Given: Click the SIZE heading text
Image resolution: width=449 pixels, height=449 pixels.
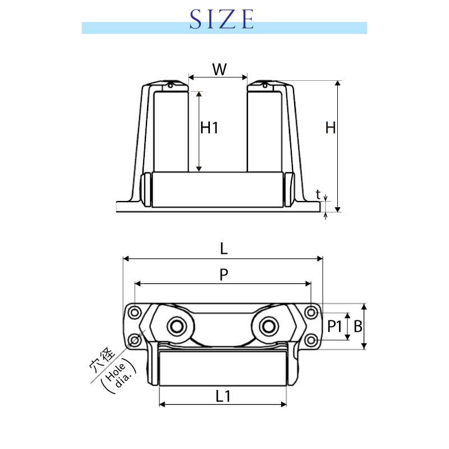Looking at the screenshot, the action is [222, 19].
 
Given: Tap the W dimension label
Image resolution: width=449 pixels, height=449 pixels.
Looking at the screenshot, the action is [219, 69].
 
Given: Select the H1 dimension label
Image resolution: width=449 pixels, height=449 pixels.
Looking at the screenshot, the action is [209, 128].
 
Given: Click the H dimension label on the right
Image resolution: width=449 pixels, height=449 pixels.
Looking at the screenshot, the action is [331, 128].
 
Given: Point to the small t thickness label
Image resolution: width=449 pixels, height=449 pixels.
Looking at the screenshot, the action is [318, 194].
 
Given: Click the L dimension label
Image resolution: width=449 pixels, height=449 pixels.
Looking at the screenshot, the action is [223, 249].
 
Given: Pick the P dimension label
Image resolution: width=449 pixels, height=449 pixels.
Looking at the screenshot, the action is [223, 274].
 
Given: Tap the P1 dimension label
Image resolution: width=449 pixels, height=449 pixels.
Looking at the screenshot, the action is [335, 327].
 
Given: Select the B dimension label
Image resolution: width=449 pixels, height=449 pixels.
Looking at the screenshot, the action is [358, 327].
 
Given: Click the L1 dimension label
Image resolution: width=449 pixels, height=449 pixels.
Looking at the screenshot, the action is [223, 397].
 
